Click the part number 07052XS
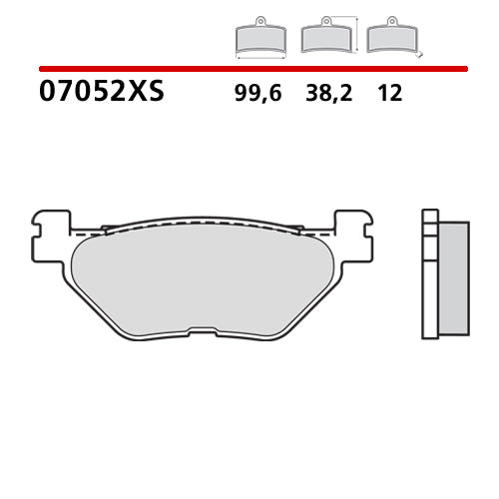click(101, 93)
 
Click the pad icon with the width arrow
click(259, 38)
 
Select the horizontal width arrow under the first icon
click(259, 56)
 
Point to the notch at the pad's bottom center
click(202, 333)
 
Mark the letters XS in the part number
click(146, 93)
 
